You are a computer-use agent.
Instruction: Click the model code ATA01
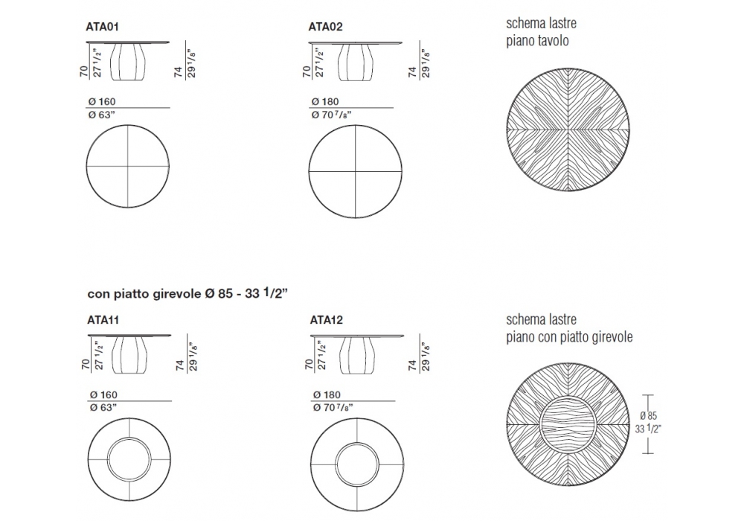pyautogui.click(x=102, y=27)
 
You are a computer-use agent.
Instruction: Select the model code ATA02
pyautogui.click(x=326, y=27)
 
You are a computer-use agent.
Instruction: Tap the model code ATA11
pyautogui.click(x=103, y=320)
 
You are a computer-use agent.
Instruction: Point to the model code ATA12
pyautogui.click(x=327, y=320)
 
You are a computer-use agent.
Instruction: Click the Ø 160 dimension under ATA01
pyautogui.click(x=102, y=101)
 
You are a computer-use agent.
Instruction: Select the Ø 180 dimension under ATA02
pyautogui.click(x=325, y=101)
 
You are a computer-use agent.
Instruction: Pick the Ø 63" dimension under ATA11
pyautogui.click(x=103, y=408)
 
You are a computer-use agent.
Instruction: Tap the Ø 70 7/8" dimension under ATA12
pyautogui.click(x=333, y=408)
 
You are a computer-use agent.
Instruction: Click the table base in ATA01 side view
pyautogui.click(x=128, y=62)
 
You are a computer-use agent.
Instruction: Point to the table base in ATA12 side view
pyautogui.click(x=357, y=355)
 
